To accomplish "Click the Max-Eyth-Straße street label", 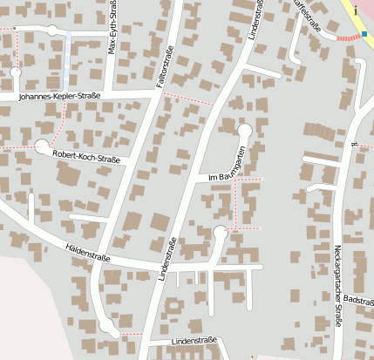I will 112,27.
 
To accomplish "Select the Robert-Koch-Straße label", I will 85,156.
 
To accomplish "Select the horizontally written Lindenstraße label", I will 194,340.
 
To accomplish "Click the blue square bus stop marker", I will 364,35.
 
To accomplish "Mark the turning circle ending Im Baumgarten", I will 245,131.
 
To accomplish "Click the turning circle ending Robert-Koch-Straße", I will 42,147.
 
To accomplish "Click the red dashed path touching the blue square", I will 349,37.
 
